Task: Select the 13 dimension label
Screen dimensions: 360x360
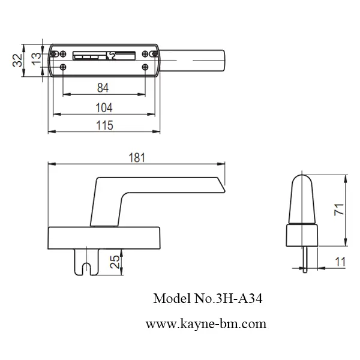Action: [x=36, y=58]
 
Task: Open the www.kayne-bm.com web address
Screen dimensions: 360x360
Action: [x=206, y=324]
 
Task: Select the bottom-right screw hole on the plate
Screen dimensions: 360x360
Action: [x=146, y=67]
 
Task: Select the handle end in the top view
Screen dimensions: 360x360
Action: [x=213, y=61]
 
